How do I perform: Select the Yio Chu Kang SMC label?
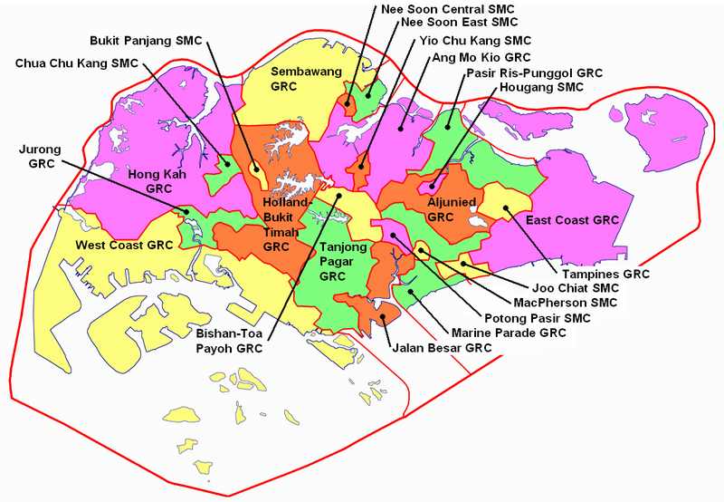474,41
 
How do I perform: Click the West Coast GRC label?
123,245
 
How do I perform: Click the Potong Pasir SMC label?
538,318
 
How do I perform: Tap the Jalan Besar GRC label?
441,347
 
